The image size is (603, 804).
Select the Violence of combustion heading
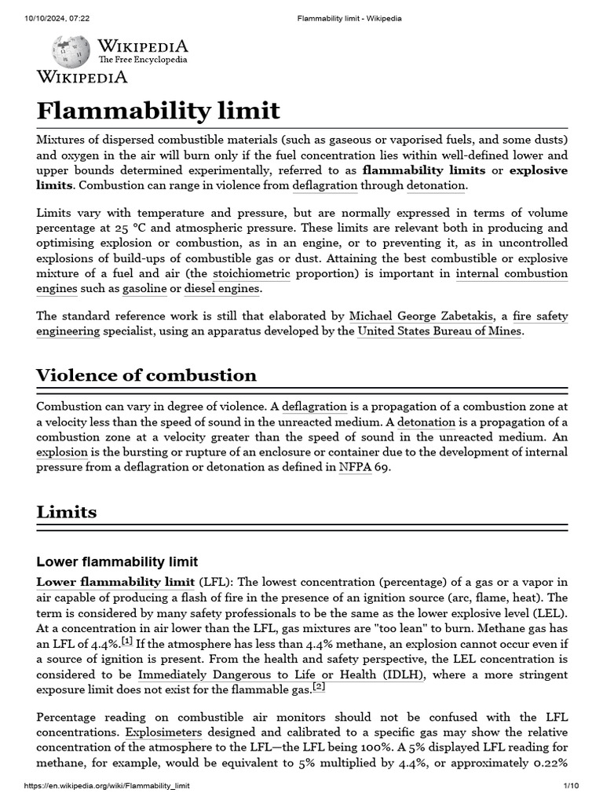146,375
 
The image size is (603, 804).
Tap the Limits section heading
67,512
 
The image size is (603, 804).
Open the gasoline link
144,288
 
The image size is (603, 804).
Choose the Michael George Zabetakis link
422,316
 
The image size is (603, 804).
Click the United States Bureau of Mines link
439,331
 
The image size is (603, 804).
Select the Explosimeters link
164,732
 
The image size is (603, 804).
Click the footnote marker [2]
318,686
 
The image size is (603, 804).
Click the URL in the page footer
107,786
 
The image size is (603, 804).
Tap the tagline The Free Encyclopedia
142,59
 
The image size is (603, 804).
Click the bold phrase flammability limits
425,170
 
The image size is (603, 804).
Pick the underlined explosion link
62,452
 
